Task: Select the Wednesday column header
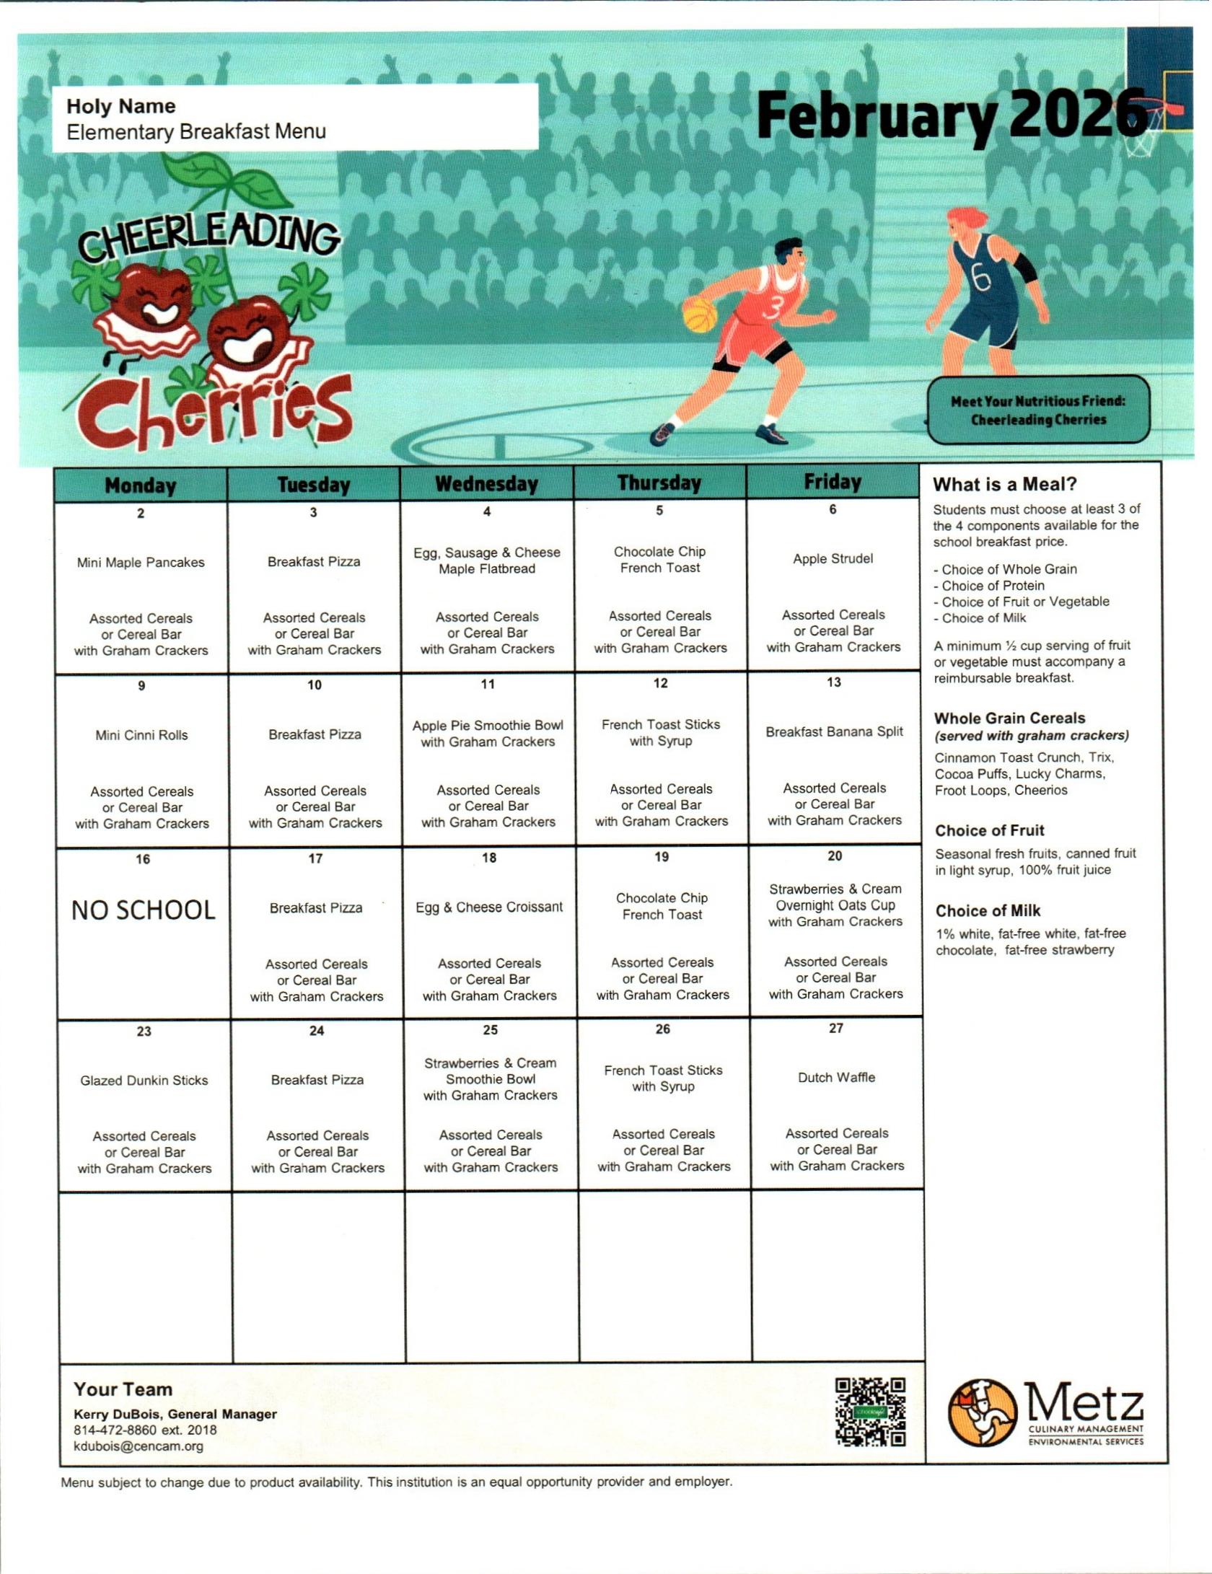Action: point(487,484)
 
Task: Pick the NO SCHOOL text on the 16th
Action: point(143,910)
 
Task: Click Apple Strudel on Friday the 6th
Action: point(833,559)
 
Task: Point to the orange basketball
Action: point(700,316)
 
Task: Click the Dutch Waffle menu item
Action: point(836,1078)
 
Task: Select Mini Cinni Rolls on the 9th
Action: point(141,735)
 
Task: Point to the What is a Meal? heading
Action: point(1004,485)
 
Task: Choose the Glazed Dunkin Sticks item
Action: point(144,1081)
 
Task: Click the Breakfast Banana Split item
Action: point(834,731)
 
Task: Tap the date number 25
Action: point(490,1030)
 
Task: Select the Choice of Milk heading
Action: point(988,911)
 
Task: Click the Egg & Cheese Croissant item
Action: point(489,907)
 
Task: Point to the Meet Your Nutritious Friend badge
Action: point(1038,410)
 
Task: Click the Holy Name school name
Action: point(121,107)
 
